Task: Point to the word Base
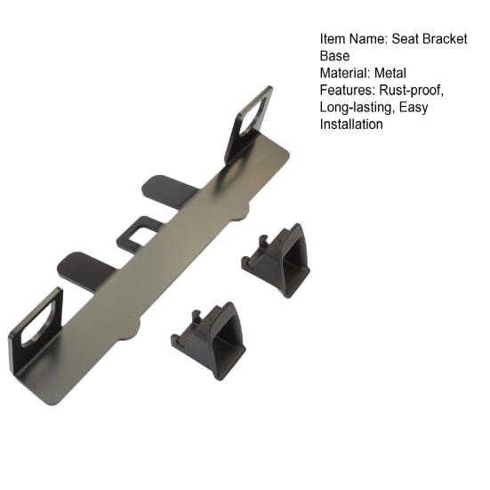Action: point(334,56)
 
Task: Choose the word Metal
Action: point(391,73)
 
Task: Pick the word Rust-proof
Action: point(412,90)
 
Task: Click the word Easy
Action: point(414,107)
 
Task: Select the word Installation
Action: point(351,125)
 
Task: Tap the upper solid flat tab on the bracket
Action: point(169,189)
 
